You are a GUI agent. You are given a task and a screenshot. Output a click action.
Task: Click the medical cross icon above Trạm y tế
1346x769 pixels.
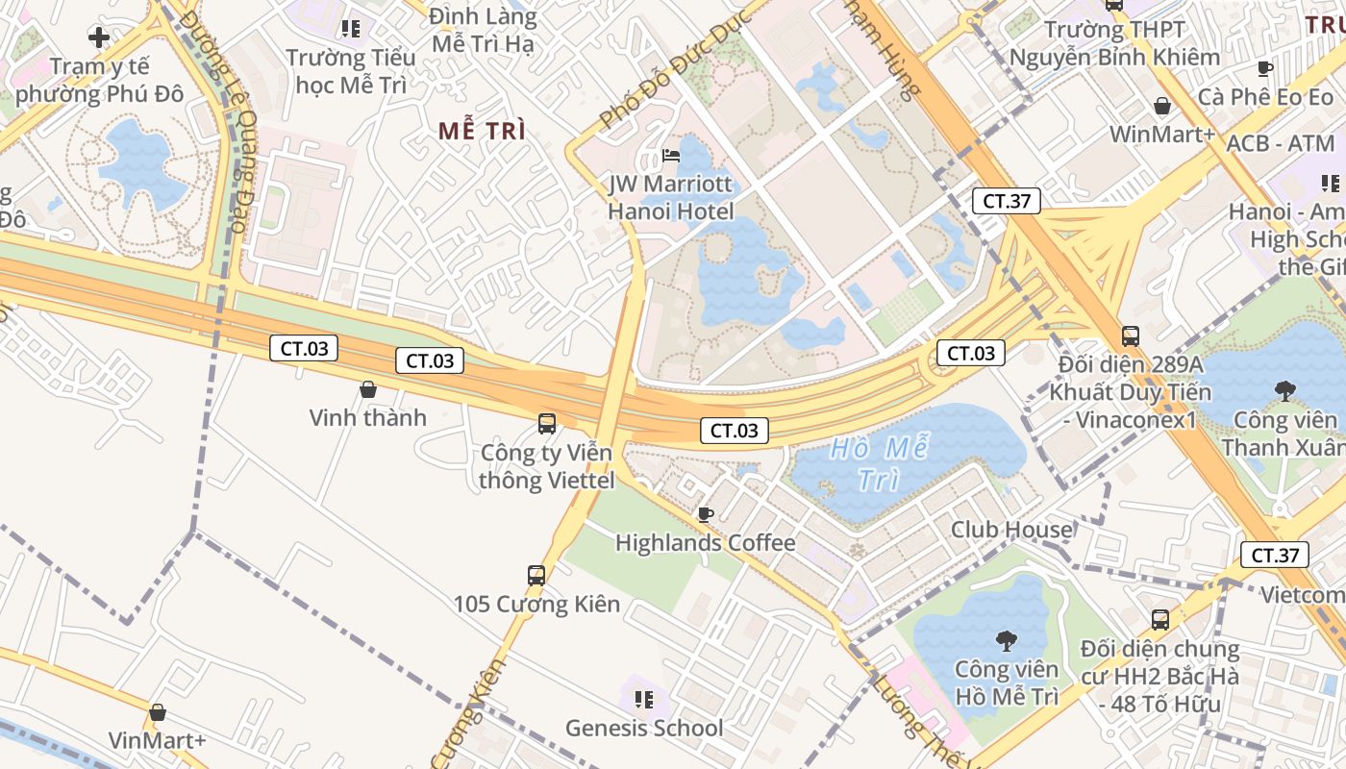(98, 38)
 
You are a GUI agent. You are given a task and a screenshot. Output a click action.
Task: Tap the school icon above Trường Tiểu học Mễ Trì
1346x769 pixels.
(350, 29)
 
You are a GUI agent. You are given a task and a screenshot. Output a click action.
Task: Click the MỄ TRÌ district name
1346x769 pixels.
(482, 132)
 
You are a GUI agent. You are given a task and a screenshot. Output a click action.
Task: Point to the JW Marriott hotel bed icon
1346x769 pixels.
(671, 156)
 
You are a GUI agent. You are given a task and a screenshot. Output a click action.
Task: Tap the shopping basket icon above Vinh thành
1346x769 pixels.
(367, 389)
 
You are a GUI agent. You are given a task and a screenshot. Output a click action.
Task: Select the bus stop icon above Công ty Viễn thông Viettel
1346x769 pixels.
(546, 423)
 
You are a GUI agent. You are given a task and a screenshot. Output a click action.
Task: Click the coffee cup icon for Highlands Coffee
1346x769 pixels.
(705, 514)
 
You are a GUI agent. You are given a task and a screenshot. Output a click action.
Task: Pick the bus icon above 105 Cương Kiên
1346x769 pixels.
(536, 576)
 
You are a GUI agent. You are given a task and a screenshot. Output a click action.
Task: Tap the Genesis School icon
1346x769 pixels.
(644, 699)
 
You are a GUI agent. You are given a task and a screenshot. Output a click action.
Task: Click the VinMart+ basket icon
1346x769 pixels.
(158, 712)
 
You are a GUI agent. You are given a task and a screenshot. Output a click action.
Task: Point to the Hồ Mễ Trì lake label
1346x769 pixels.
(880, 463)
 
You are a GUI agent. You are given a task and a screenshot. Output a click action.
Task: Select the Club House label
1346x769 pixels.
(1011, 530)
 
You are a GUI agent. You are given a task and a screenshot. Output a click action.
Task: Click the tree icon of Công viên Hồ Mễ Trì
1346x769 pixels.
(1006, 640)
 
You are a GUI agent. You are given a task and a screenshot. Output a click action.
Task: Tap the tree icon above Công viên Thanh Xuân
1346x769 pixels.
(1284, 390)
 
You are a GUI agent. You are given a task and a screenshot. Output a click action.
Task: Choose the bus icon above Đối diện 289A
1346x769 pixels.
(1131, 336)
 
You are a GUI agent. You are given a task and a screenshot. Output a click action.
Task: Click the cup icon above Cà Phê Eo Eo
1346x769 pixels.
(1265, 68)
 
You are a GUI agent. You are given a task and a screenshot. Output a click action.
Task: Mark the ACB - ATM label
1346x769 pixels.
(1281, 144)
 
